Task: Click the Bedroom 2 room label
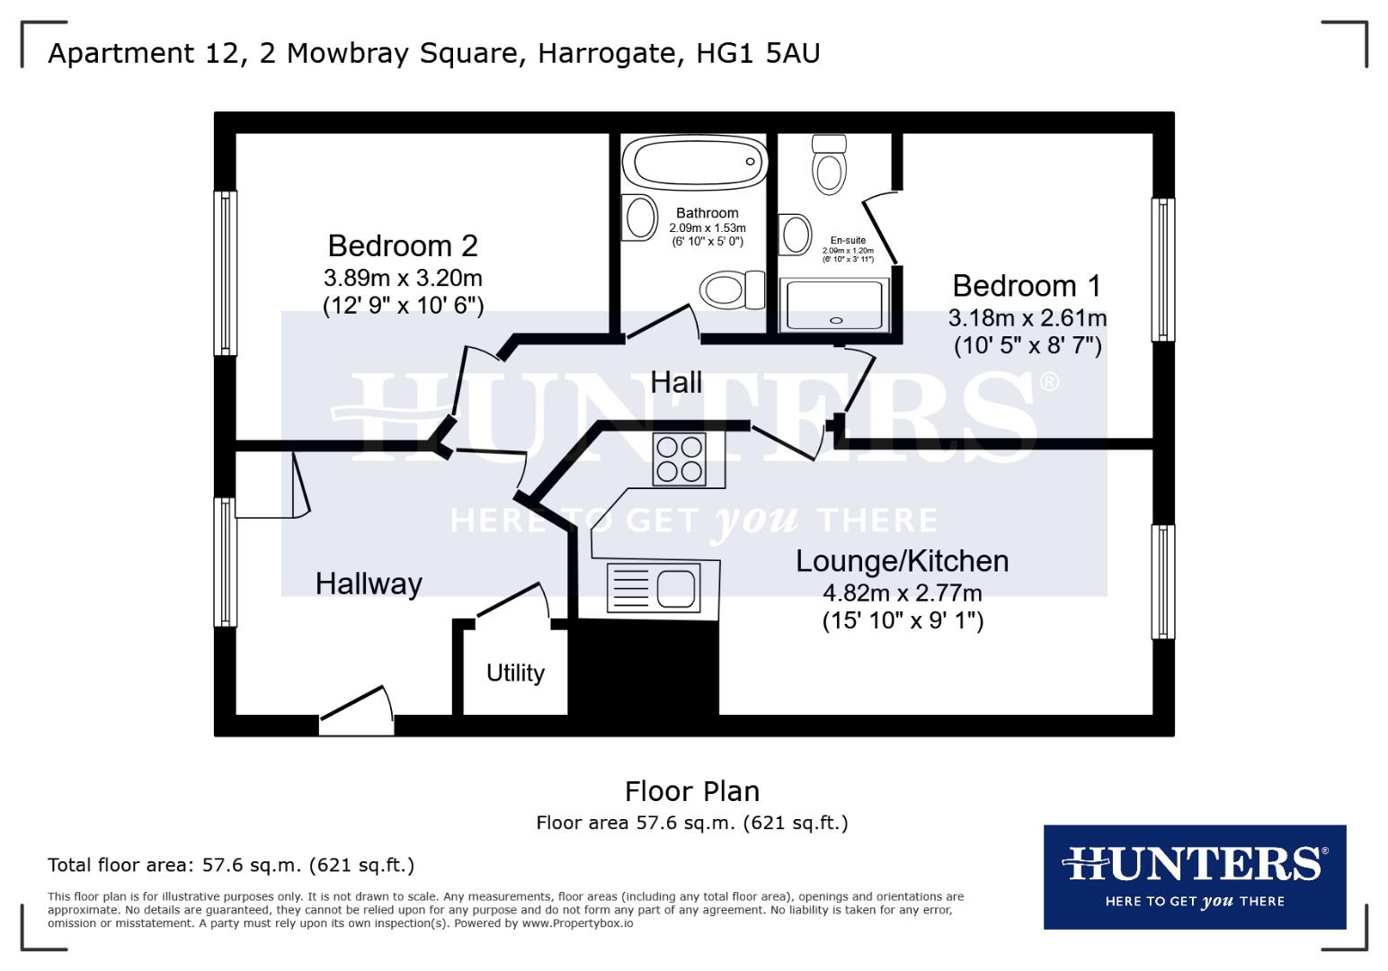coord(402,245)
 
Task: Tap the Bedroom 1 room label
coord(1026,286)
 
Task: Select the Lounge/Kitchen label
coord(902,561)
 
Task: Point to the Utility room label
coord(515,673)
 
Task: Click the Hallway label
coord(369,583)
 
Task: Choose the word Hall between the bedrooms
coord(676,382)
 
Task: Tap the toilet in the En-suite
coord(829,165)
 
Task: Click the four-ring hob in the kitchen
coord(679,459)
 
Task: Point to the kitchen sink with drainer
coord(652,589)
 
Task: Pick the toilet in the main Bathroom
coord(730,290)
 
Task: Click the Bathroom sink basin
coord(640,217)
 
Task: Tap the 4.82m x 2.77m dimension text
coord(902,593)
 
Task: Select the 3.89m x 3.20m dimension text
coord(403,277)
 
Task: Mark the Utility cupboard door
coord(512,601)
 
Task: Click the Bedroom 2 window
coord(226,272)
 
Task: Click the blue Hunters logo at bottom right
coord(1194,877)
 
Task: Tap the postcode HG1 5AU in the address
coord(758,53)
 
